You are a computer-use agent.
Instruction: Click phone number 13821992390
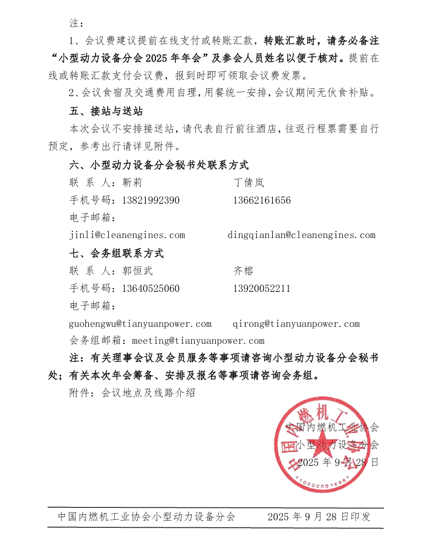tap(151, 200)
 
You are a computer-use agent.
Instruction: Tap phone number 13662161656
tap(261, 200)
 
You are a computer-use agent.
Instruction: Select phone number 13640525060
tap(151, 288)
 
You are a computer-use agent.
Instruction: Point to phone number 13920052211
tap(261, 288)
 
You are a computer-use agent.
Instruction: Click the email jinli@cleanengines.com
tap(128, 235)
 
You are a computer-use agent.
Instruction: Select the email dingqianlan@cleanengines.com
tap(302, 235)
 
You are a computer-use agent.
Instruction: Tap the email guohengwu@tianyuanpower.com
tap(141, 324)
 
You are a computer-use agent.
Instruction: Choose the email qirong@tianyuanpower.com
tap(296, 324)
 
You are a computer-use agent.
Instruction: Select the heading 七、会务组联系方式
tap(117, 253)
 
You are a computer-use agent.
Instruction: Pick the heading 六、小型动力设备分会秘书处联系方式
tap(159, 165)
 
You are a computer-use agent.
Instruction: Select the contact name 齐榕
tap(244, 271)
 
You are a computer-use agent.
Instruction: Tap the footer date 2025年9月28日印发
tap(319, 517)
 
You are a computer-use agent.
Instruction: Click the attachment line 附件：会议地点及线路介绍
tap(132, 393)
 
